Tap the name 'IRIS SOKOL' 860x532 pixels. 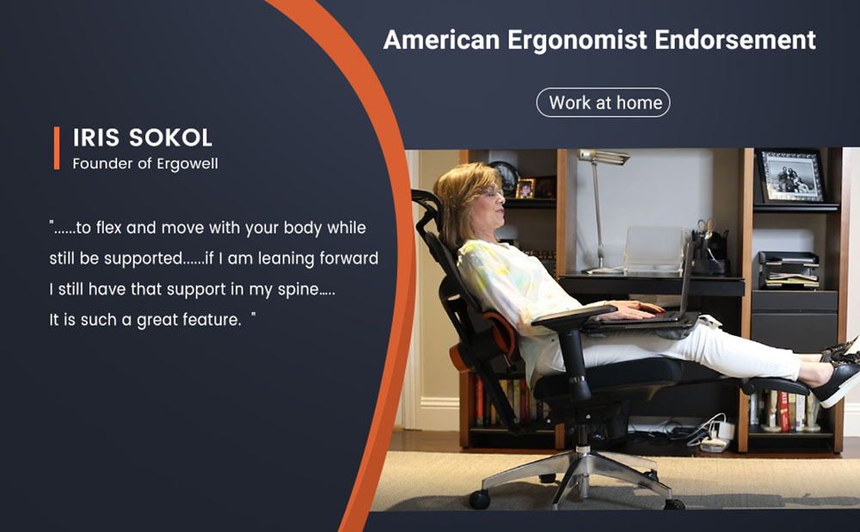[143, 138]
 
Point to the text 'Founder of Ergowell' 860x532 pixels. [145, 163]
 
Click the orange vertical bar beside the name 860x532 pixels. [57, 148]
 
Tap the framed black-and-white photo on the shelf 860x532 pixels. [789, 176]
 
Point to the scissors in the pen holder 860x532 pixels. [706, 228]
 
